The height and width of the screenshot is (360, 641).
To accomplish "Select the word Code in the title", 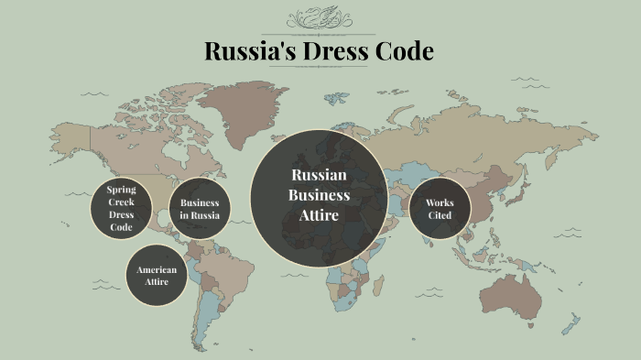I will click(402, 51).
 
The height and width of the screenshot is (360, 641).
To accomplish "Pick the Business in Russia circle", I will click(200, 209).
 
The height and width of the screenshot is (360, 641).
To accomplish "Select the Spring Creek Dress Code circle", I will click(121, 208).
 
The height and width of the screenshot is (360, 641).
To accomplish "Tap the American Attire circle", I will click(157, 276).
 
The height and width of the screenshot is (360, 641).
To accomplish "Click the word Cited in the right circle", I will click(440, 216).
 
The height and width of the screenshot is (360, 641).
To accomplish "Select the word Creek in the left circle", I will click(121, 202).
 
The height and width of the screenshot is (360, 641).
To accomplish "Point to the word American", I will click(157, 269).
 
